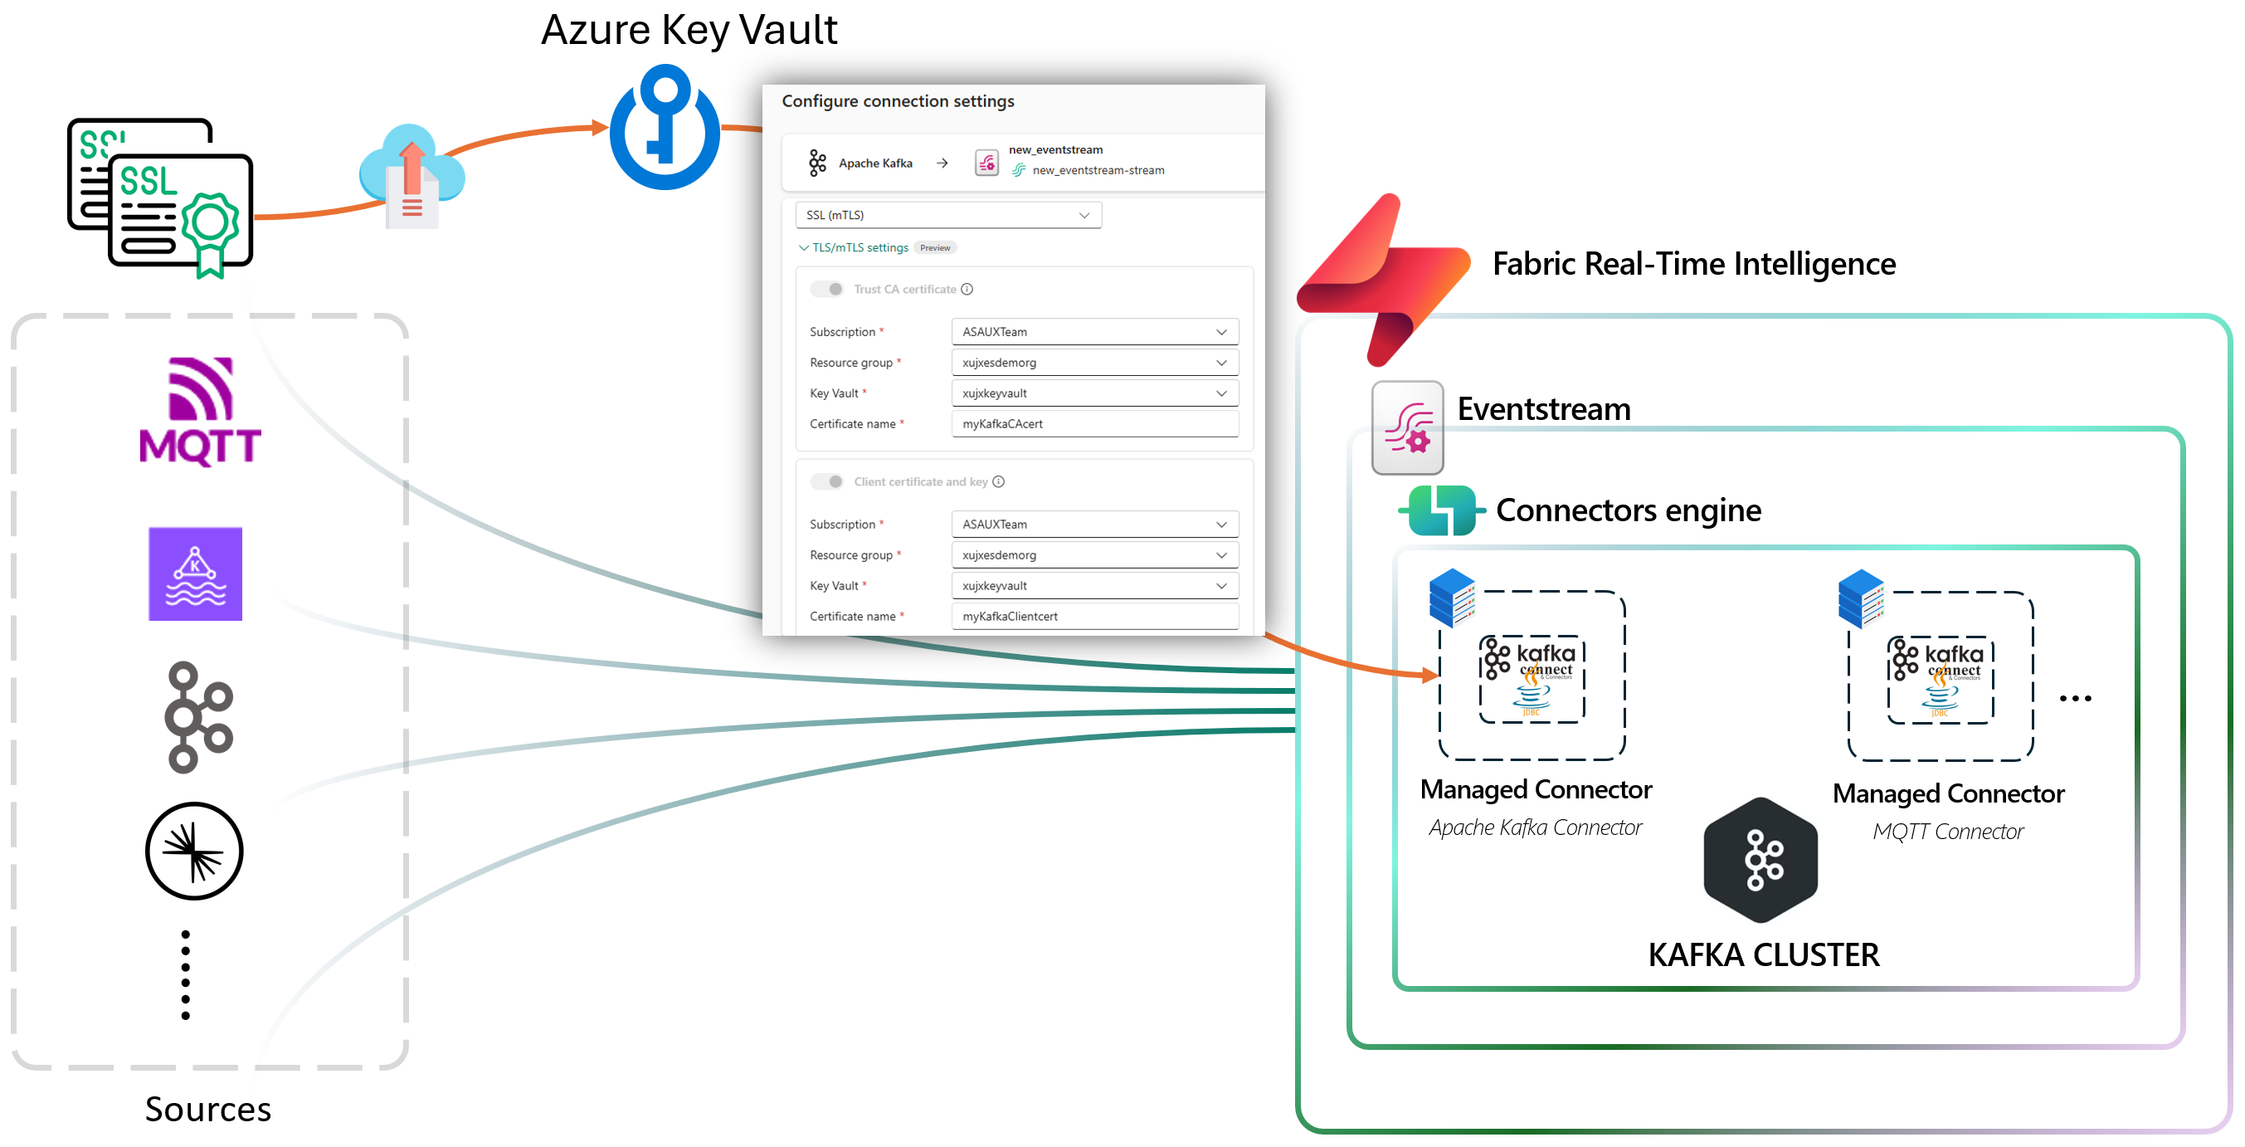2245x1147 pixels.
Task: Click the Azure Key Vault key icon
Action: pos(665,127)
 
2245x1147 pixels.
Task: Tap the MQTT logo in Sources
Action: pos(201,412)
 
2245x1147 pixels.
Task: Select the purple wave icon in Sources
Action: pos(195,573)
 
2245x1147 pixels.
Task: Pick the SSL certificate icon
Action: pos(161,197)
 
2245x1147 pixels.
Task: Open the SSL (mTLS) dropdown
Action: pos(948,215)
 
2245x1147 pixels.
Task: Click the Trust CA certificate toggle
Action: pos(827,290)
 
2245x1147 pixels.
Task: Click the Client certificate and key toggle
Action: pos(827,482)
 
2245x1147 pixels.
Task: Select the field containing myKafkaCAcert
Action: pos(1094,424)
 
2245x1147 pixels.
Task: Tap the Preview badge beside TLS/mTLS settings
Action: pos(935,248)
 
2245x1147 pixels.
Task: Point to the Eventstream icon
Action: pos(1408,428)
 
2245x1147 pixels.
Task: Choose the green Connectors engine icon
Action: pos(1441,510)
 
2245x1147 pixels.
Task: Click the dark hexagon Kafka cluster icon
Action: pos(1761,860)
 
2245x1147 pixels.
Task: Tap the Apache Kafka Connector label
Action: pos(1536,828)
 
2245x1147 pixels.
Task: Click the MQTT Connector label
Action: pos(1948,832)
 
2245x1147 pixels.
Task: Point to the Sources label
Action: pos(208,1110)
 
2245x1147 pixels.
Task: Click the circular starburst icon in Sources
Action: pos(194,852)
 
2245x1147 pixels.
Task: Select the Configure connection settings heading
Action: pos(898,101)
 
